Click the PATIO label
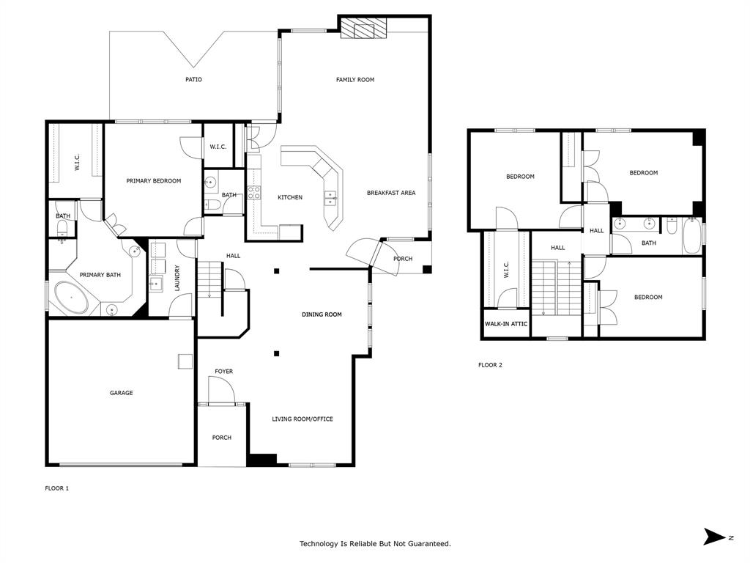(193, 79)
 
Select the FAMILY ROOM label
(355, 79)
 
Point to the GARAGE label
(122, 393)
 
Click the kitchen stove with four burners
(254, 193)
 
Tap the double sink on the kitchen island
(331, 196)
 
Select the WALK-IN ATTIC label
(506, 323)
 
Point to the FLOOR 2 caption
(490, 365)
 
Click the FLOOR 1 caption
(56, 488)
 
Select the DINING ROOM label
(322, 314)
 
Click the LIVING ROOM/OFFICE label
(302, 419)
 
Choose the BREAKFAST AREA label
(391, 193)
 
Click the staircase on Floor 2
(555, 287)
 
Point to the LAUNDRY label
(177, 279)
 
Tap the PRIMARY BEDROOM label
(153, 181)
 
